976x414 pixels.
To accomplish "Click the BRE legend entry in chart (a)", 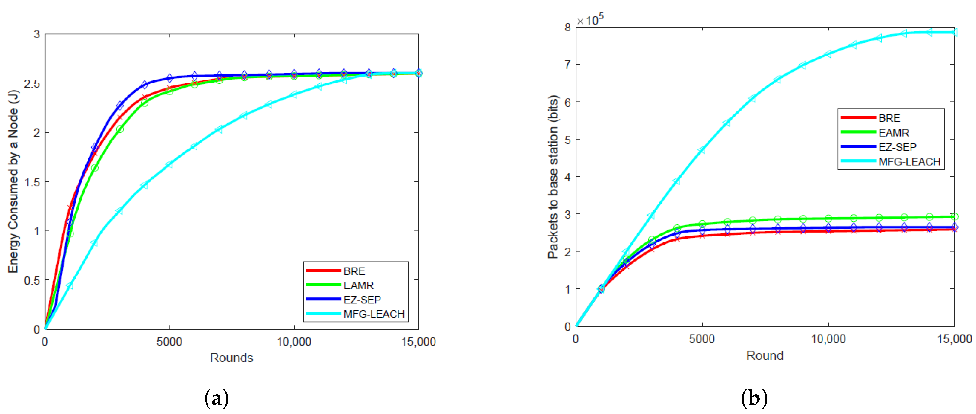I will (x=354, y=271).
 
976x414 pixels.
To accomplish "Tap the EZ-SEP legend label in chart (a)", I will (x=362, y=300).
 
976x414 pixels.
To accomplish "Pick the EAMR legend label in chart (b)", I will (x=893, y=133).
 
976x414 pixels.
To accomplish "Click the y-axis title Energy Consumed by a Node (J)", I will (x=13, y=181).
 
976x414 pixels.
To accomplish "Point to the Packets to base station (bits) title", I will (x=553, y=177).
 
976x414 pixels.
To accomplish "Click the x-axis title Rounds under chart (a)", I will (x=231, y=358).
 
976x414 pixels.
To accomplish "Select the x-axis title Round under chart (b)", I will (x=765, y=356).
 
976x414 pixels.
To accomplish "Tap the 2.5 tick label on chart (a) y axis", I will (x=32, y=84).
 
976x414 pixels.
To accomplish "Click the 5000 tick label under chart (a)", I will (x=169, y=342).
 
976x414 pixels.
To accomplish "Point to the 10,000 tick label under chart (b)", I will (x=828, y=339).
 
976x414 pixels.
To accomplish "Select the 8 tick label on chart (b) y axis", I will (x=567, y=27).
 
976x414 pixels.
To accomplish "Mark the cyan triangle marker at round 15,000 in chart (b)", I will (x=954, y=33).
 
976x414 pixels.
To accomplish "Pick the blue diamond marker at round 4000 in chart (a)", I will (x=144, y=85).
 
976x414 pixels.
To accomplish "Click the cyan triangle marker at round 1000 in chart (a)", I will (x=69, y=286).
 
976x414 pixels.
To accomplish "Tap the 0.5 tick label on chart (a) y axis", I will (x=32, y=281).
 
